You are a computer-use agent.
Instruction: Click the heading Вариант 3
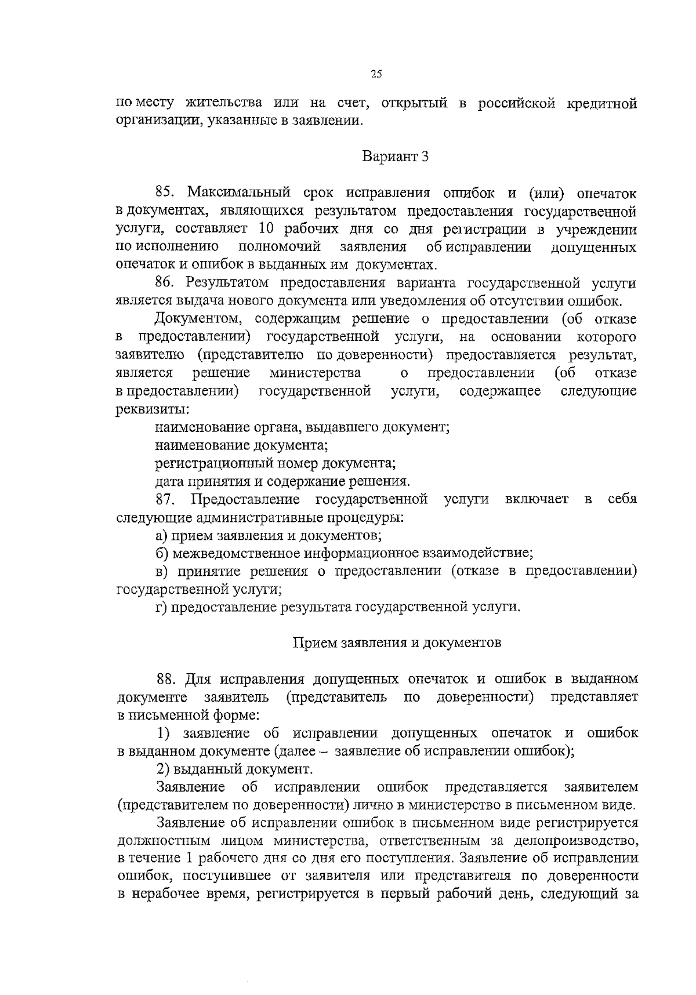tap(396, 157)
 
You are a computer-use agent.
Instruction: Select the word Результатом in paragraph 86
tap(228, 283)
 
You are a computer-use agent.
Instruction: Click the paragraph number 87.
tap(165, 499)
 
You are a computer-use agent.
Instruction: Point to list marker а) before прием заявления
tap(162, 535)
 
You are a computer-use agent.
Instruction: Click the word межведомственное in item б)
tap(234, 553)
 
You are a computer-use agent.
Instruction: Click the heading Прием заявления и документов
tap(396, 643)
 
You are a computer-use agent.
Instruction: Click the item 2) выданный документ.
tap(234, 769)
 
